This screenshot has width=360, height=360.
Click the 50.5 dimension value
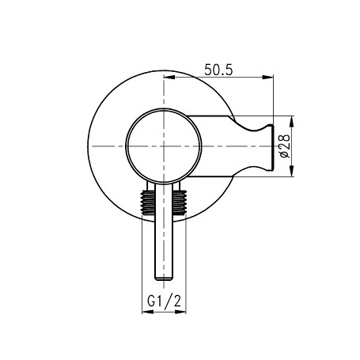tap(218, 70)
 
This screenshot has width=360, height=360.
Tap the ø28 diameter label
tap(285, 146)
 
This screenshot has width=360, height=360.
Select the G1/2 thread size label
tap(165, 301)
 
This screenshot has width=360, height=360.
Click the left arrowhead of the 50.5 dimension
tap(169, 77)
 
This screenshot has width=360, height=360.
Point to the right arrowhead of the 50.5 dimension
tap(267, 77)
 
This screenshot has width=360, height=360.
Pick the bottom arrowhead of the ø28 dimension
tap(291, 171)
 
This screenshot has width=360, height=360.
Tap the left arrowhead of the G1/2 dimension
tap(148, 312)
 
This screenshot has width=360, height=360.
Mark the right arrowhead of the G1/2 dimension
tap(180, 312)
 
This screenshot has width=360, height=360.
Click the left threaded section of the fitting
tap(148, 202)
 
